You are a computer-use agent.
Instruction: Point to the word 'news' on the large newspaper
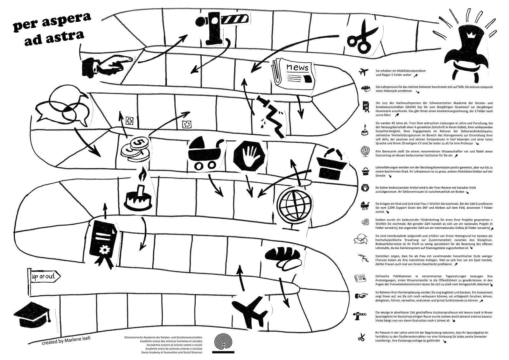pos(297,67)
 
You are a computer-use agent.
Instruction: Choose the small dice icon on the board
pos(185,124)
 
